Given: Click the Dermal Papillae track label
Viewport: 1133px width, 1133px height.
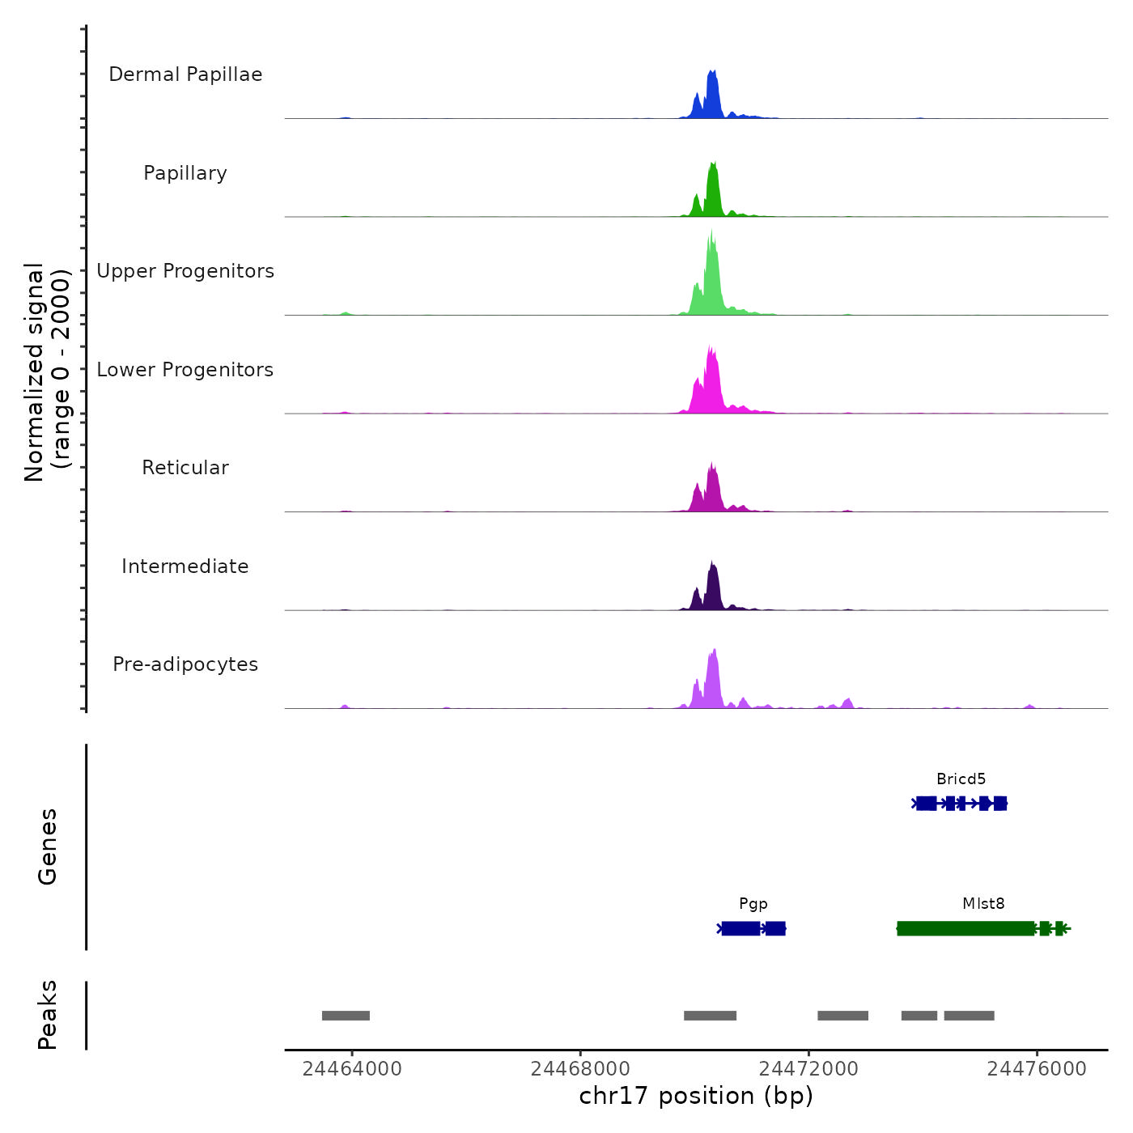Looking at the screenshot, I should click(x=185, y=74).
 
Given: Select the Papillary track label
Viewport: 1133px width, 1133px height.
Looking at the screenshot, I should click(x=185, y=173).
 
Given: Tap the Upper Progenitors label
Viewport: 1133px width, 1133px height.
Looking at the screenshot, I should click(x=185, y=271).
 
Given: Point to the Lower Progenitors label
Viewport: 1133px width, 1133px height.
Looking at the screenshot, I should click(x=185, y=370).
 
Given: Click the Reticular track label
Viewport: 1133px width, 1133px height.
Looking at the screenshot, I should click(x=185, y=468).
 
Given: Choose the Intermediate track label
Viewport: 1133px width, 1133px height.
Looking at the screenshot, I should click(x=185, y=566).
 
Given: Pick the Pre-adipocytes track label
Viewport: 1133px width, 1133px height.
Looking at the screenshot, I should click(x=185, y=664).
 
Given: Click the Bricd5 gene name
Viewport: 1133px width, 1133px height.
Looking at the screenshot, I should click(x=961, y=779).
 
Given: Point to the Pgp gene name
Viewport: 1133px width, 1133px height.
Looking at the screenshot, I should click(x=753, y=904).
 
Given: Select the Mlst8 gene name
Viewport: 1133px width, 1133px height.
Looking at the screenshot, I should click(x=983, y=904).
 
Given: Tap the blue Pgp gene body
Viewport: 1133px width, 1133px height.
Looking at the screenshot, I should click(x=741, y=928).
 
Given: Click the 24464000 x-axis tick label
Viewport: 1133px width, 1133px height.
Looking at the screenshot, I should click(x=352, y=1069).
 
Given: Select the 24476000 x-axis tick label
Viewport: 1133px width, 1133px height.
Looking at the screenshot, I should click(x=1037, y=1069).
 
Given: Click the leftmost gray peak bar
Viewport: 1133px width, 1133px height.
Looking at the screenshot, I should click(x=346, y=1016).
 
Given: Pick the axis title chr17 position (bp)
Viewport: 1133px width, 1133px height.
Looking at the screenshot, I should click(x=696, y=1096).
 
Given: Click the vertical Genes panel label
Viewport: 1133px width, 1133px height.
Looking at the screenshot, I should click(x=48, y=847).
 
